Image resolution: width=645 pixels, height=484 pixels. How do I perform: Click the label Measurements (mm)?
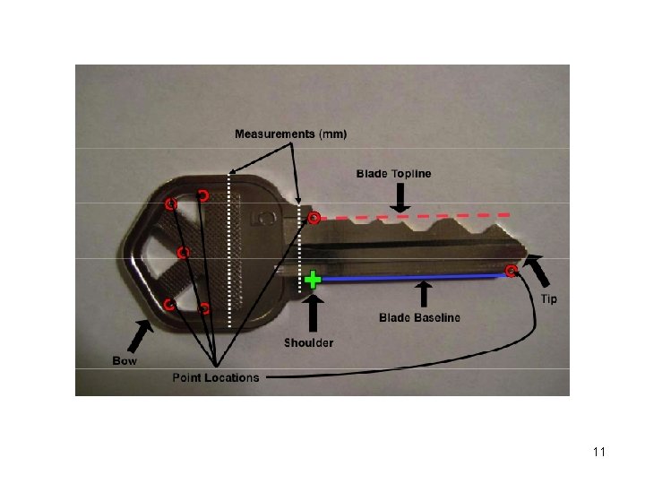click(290, 134)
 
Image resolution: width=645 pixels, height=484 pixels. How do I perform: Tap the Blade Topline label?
click(393, 173)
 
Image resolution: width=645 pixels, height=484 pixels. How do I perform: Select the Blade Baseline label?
click(419, 317)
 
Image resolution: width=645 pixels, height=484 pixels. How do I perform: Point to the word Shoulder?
click(309, 342)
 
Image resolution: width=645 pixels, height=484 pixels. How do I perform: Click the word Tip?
click(548, 298)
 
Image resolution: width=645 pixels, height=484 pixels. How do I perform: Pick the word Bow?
click(125, 360)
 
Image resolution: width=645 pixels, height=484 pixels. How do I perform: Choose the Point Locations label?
click(216, 377)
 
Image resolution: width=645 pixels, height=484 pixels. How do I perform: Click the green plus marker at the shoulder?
click(312, 279)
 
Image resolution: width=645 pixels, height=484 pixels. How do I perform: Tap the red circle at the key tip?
click(511, 271)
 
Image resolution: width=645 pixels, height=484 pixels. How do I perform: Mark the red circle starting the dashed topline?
click(314, 218)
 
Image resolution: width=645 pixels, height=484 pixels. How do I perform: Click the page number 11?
click(599, 452)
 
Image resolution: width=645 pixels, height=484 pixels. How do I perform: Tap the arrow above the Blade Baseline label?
click(423, 295)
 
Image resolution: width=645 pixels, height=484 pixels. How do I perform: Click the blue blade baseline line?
click(412, 278)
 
